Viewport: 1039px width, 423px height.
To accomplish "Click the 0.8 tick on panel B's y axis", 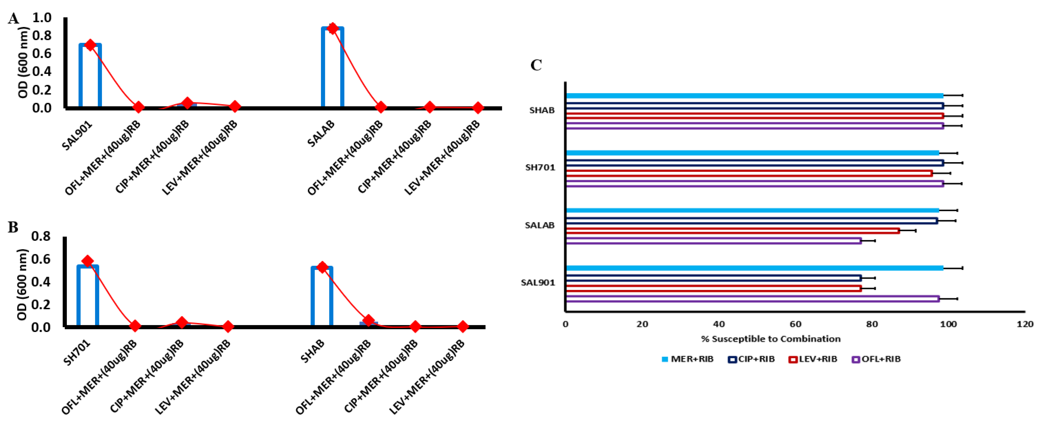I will tap(41, 236).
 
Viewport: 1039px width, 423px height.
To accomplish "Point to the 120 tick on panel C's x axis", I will tap(1025, 324).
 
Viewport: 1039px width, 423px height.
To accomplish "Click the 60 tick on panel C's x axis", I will tap(795, 324).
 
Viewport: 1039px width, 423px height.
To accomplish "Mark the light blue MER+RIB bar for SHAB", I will tap(754, 96).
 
